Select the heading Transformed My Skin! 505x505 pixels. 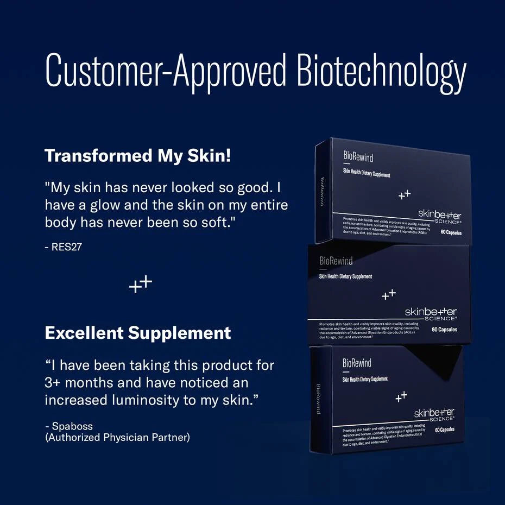point(138,156)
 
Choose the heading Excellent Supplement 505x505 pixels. point(138,332)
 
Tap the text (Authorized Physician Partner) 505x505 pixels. point(117,437)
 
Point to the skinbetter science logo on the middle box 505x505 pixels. point(431,313)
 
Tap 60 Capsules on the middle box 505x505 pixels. point(444,330)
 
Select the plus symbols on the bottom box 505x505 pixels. point(401,396)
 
